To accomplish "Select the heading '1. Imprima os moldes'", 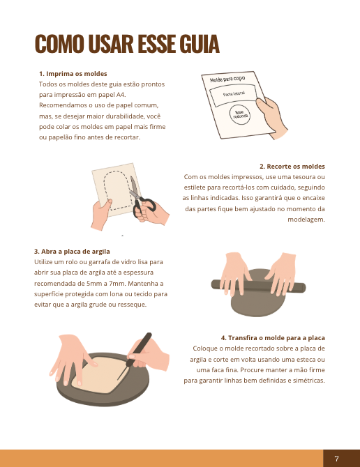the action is [x=73, y=74].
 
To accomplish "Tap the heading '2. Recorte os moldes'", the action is [x=292, y=166].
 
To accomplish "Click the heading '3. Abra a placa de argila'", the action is [x=72, y=252].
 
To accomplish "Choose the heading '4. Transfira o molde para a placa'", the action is [x=273, y=338].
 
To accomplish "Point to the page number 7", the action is [x=337, y=459].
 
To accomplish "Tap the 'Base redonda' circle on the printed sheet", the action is [x=240, y=115].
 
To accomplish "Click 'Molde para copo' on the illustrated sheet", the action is [x=227, y=79].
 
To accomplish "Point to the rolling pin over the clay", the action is [x=258, y=286].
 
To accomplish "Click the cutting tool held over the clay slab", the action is [x=135, y=356].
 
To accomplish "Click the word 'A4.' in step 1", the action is [x=121, y=95].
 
